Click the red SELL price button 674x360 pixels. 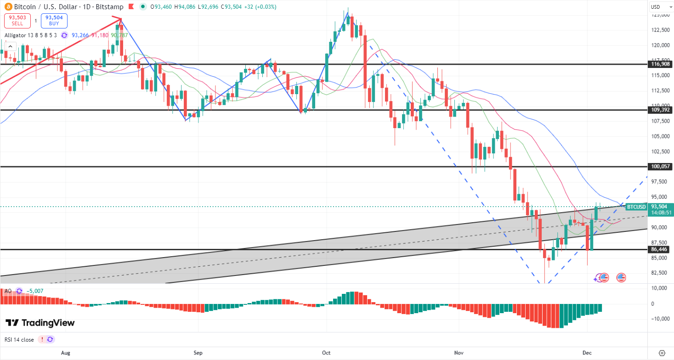click(18, 21)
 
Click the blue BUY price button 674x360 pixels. click(54, 21)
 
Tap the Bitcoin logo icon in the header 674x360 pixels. click(7, 7)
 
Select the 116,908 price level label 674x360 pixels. click(660, 65)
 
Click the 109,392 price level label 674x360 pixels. click(660, 110)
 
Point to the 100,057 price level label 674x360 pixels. click(660, 167)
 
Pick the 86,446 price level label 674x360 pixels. click(660, 249)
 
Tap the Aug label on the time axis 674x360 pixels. click(65, 353)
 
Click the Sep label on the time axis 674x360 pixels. click(198, 353)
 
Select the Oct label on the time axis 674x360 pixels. click(326, 353)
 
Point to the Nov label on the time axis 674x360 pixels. click(459, 353)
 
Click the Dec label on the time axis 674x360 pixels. click(587, 353)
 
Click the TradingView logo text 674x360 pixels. click(40, 323)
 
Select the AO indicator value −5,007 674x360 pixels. click(34, 291)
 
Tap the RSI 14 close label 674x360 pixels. click(19, 339)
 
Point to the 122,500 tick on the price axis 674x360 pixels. click(660, 30)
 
